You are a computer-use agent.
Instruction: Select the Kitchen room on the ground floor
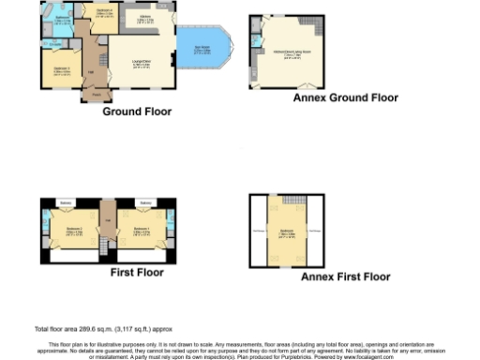pyautogui.click(x=146, y=19)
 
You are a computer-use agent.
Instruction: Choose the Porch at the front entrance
pyautogui.click(x=97, y=95)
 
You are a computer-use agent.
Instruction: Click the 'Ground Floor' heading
pyautogui.click(x=137, y=111)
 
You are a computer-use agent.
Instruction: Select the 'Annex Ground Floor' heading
pyautogui.click(x=345, y=97)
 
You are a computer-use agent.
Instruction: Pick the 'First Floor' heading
pyautogui.click(x=137, y=272)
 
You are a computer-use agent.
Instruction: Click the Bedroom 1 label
pyautogui.click(x=142, y=229)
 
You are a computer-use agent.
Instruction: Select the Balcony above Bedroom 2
pyautogui.click(x=66, y=202)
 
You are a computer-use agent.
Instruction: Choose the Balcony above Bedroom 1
pyautogui.click(x=145, y=202)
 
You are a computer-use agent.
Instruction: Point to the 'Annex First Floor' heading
pyautogui.click(x=345, y=277)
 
